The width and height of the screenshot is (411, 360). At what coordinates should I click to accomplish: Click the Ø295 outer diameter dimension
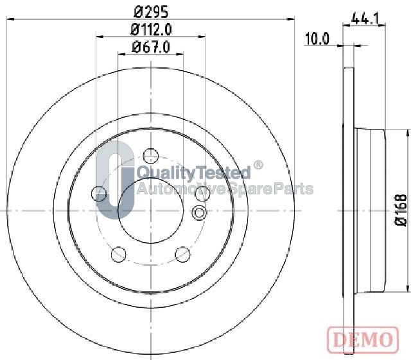click(151, 12)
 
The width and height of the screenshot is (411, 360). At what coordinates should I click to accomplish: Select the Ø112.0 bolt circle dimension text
click(151, 30)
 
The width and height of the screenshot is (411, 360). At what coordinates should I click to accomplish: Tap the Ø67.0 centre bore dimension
click(151, 47)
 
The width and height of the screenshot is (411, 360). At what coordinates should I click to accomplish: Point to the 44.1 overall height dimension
click(365, 19)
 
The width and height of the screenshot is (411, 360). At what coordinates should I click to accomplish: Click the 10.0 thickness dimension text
click(317, 39)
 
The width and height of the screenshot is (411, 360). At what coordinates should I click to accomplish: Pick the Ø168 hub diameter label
click(401, 210)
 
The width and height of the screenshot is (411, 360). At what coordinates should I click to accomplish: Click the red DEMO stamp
click(363, 339)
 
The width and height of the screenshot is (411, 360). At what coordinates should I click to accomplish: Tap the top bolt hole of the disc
click(151, 156)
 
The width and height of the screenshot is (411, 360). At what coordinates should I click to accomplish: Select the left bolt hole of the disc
click(99, 194)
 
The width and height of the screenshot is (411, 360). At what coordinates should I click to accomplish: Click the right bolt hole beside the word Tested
click(203, 194)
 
